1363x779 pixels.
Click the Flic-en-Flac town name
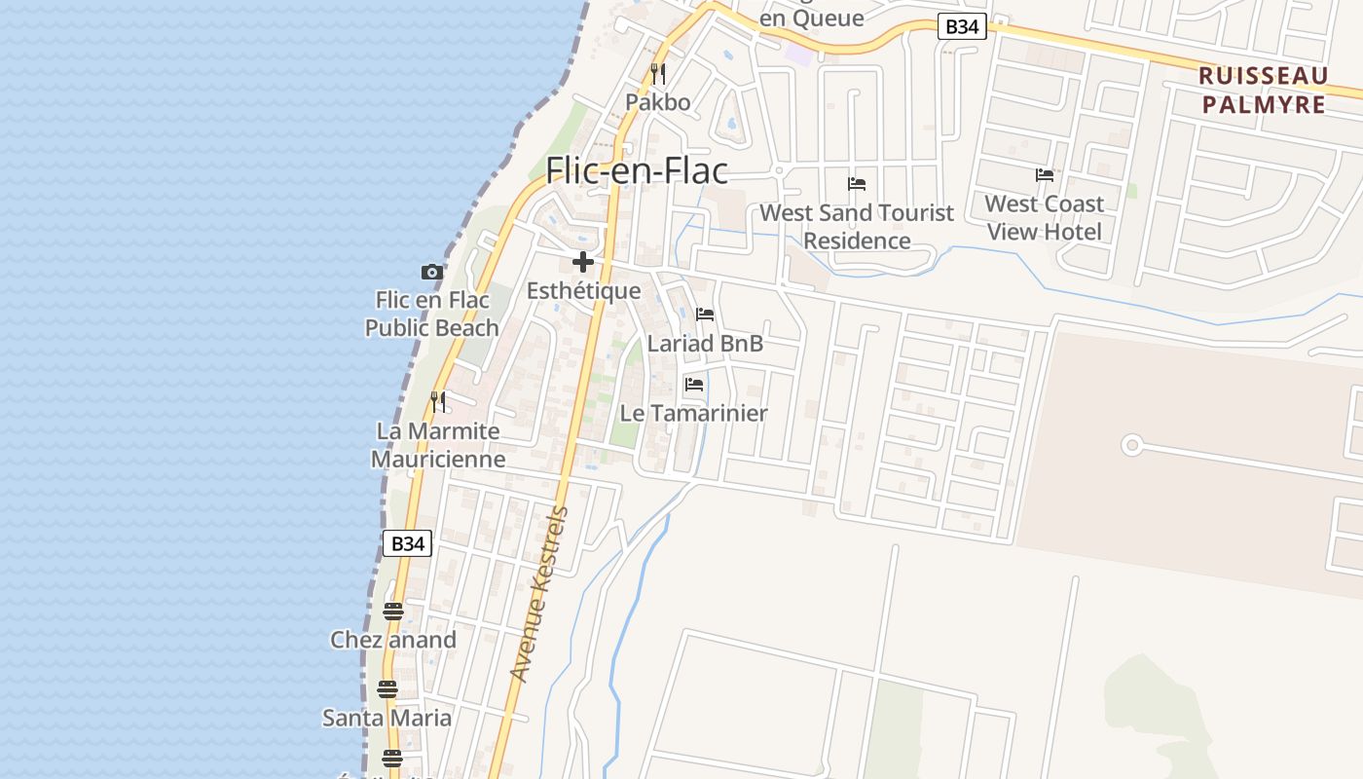[636, 170]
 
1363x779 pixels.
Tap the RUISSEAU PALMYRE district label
[1264, 90]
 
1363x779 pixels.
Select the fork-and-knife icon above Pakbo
[658, 74]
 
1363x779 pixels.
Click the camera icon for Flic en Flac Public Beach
[431, 272]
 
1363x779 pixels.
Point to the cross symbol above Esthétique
[583, 262]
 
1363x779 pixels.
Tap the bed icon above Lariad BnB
[705, 315]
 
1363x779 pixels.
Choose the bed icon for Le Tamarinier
[694, 384]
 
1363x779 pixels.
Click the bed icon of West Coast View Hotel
[1045, 175]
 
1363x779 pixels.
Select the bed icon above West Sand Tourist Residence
[857, 183]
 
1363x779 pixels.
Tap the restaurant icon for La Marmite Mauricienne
[438, 401]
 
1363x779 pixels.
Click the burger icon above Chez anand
[393, 612]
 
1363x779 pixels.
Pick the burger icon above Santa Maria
[387, 689]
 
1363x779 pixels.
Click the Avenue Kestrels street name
[538, 594]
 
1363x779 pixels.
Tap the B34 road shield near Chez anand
[407, 543]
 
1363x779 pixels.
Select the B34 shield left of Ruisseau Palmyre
[962, 27]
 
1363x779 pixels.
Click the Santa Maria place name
[387, 718]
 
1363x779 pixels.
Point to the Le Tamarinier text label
[693, 413]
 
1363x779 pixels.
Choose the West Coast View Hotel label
[1045, 217]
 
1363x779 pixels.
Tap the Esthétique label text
[583, 290]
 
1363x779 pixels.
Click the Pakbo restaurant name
[658, 102]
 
